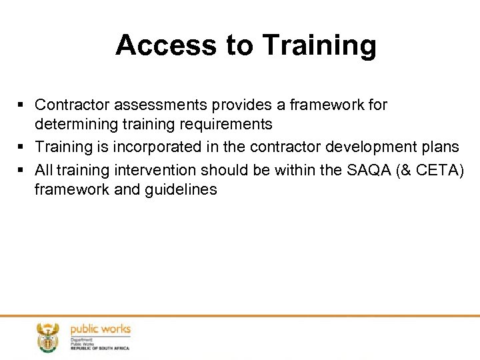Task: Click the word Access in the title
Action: pyautogui.click(x=164, y=45)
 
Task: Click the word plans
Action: pyautogui.click(x=441, y=147)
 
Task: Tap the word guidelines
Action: pyautogui.click(x=180, y=189)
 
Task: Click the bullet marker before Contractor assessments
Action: pyautogui.click(x=23, y=105)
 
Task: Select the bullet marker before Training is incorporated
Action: pyautogui.click(x=23, y=147)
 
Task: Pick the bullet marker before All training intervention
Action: pyautogui.click(x=23, y=170)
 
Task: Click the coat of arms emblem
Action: pyautogui.click(x=48, y=337)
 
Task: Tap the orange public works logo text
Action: pyautogui.click(x=100, y=329)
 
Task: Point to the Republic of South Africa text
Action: pyautogui.click(x=100, y=348)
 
